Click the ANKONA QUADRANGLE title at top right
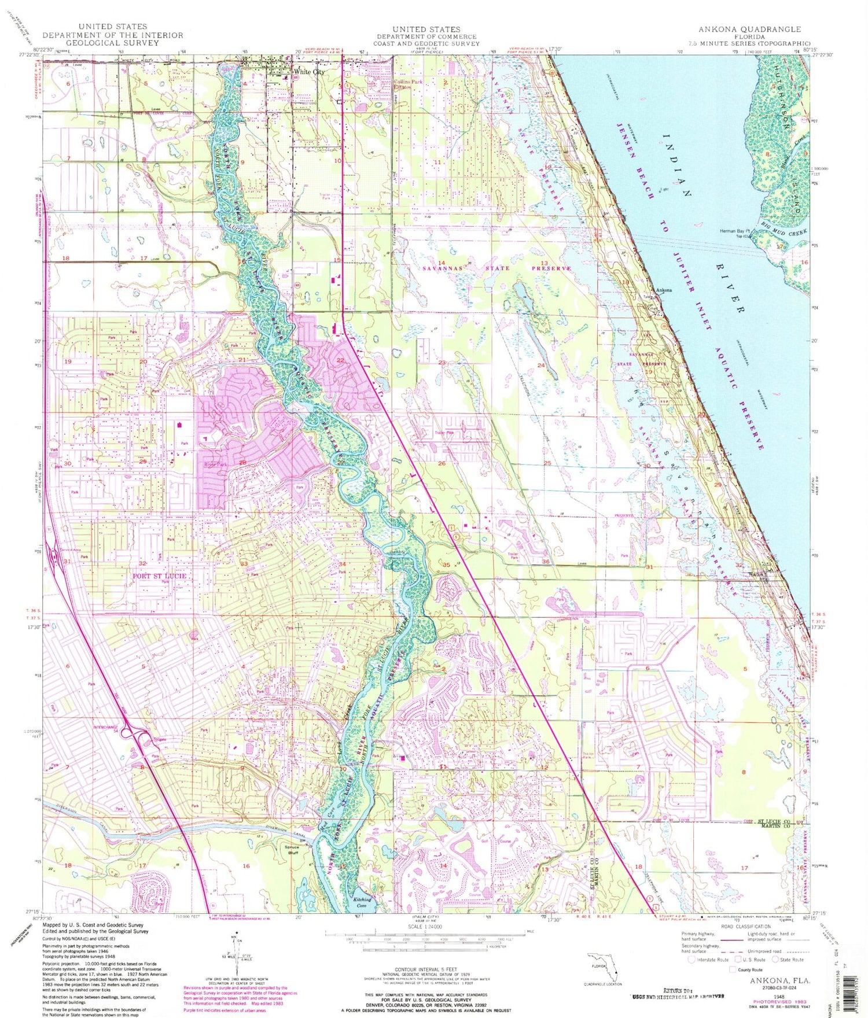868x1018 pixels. [749, 29]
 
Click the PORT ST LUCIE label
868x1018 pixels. [159, 576]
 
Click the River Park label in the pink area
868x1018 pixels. [215, 464]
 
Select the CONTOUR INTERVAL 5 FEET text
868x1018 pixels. [425, 969]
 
